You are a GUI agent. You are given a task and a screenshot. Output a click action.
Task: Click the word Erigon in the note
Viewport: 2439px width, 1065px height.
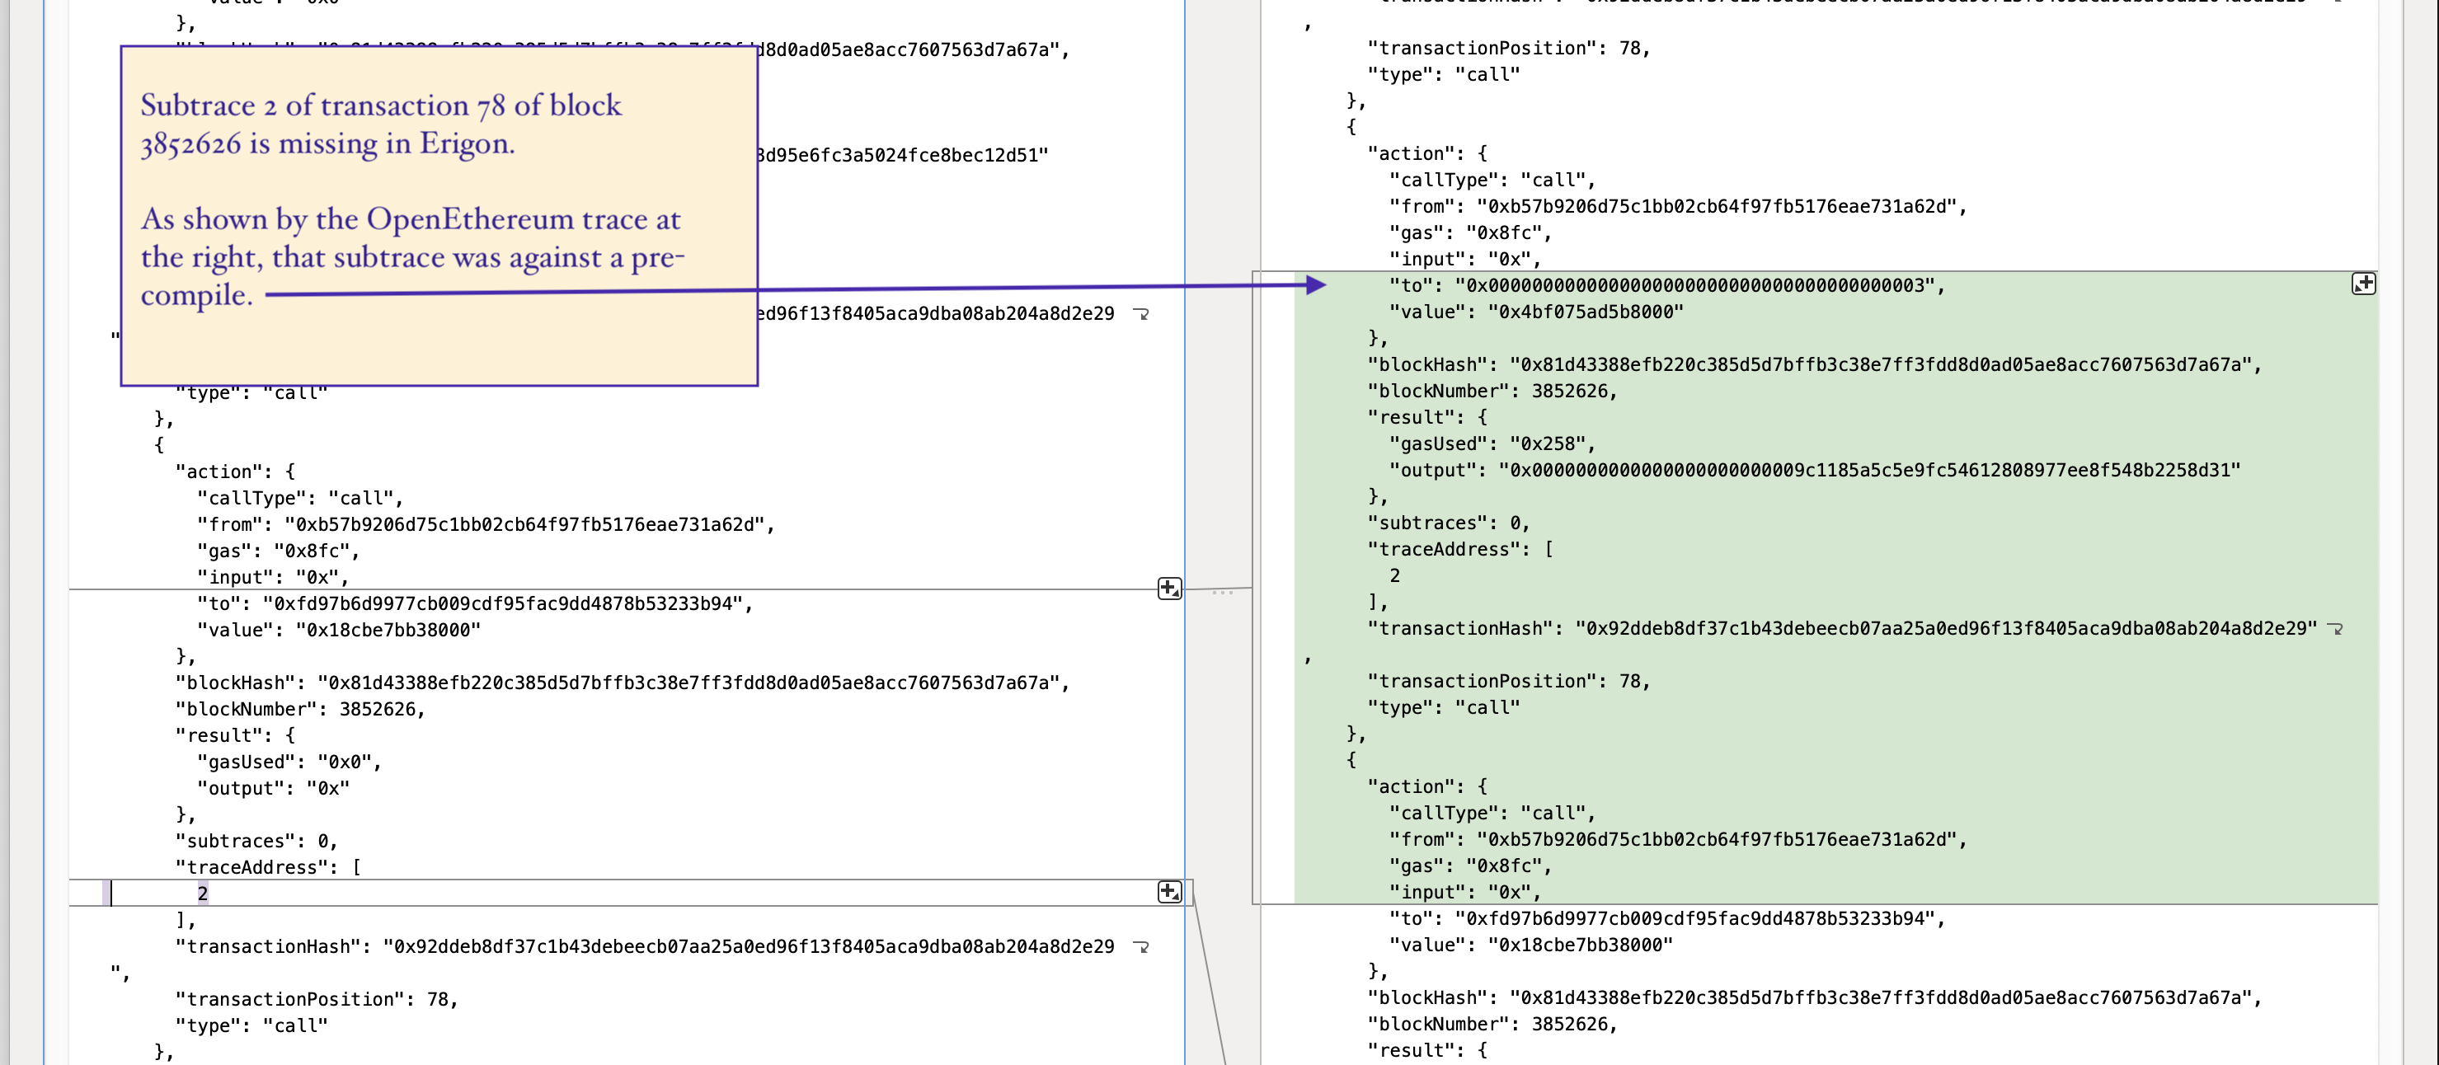pos(466,144)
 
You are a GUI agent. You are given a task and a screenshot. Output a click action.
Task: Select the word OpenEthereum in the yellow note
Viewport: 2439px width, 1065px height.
pos(470,219)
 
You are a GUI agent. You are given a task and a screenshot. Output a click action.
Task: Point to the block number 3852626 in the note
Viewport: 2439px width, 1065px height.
pos(190,144)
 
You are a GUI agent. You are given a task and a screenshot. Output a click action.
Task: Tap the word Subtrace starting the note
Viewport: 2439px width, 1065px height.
pos(197,106)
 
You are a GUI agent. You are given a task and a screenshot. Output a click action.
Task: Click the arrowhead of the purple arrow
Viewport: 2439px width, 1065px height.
pos(1315,284)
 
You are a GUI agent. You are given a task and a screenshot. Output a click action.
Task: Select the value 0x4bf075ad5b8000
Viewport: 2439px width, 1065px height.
pos(1585,312)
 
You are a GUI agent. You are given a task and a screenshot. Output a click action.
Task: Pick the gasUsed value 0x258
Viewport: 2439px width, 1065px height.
pos(1552,444)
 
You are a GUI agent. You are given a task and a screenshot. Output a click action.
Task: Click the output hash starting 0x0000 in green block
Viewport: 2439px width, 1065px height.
pos(1869,471)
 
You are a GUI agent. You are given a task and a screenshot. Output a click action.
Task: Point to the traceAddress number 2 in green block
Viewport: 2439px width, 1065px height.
pos(1394,575)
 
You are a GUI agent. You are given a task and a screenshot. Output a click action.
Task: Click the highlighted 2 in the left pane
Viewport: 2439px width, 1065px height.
pos(203,894)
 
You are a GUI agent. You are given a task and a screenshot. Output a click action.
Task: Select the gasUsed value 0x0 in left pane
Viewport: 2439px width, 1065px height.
pos(349,762)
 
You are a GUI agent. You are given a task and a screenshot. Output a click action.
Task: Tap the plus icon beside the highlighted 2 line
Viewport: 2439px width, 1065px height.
pos(1169,892)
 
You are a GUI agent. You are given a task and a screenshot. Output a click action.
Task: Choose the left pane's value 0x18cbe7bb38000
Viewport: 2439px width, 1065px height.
pos(388,631)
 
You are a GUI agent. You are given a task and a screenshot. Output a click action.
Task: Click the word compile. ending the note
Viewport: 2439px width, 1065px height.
pos(197,295)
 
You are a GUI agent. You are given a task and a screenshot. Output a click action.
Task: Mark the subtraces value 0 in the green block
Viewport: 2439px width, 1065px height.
pos(1516,523)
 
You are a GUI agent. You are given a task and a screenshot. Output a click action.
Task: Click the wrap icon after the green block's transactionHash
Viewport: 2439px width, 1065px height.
pos(2336,629)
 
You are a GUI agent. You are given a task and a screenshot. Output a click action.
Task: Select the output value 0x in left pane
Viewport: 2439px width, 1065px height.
pos(327,789)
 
